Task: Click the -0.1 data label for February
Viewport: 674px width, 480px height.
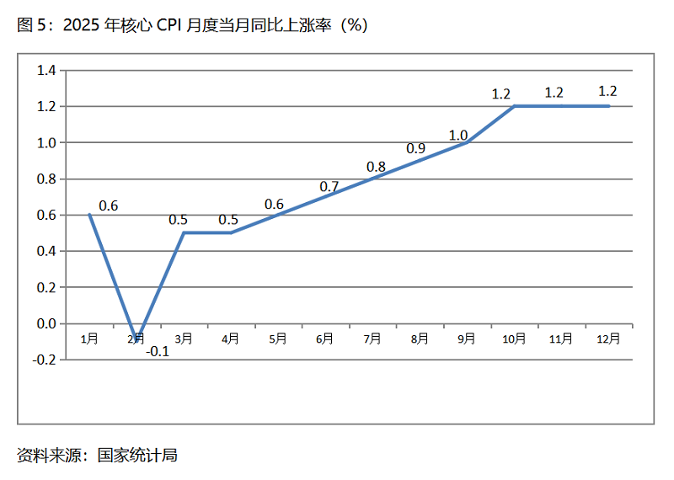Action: pyautogui.click(x=158, y=352)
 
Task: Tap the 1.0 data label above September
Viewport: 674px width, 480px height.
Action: pyautogui.click(x=458, y=135)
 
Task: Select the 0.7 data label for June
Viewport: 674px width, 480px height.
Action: pyautogui.click(x=329, y=186)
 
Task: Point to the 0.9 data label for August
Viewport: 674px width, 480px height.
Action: pyautogui.click(x=416, y=148)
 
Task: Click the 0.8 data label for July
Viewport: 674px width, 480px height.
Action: pyautogui.click(x=376, y=167)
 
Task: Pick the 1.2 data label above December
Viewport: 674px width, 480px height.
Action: pyautogui.click(x=607, y=91)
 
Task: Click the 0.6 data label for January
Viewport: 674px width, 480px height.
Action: pyautogui.click(x=109, y=205)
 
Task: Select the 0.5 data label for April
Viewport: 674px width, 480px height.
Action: pyautogui.click(x=228, y=220)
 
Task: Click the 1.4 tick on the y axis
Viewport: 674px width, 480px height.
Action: pyautogui.click(x=45, y=71)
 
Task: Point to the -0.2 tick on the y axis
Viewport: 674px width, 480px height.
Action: pyautogui.click(x=43, y=360)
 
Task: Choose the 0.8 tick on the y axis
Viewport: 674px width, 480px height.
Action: pyautogui.click(x=45, y=179)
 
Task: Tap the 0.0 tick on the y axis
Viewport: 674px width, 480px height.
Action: pyautogui.click(x=45, y=323)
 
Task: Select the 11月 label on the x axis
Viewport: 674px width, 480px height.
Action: pyautogui.click(x=561, y=339)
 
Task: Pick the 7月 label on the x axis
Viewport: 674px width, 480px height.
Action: pyautogui.click(x=372, y=339)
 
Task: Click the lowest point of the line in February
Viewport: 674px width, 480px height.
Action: pyautogui.click(x=137, y=340)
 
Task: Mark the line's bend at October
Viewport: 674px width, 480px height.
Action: pyautogui.click(x=514, y=106)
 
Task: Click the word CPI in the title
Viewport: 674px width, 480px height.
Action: pyautogui.click(x=174, y=25)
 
